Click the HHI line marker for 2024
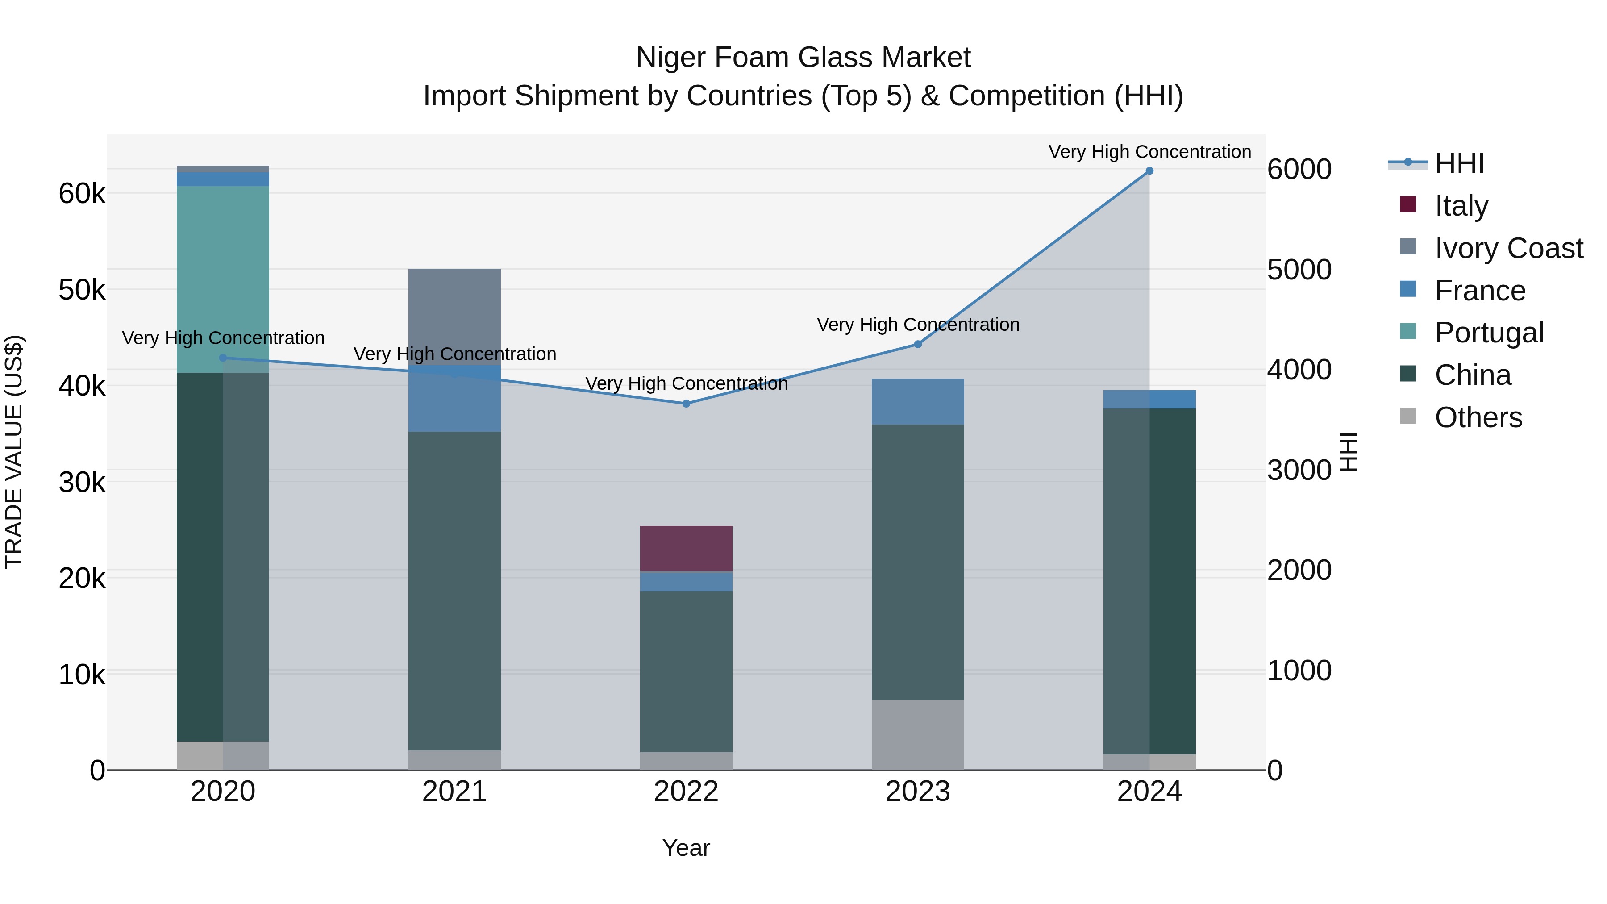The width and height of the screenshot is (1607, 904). [1149, 171]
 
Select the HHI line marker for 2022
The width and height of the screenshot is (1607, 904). [686, 404]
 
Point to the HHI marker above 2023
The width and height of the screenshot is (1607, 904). [918, 344]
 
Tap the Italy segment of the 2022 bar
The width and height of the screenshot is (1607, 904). [686, 548]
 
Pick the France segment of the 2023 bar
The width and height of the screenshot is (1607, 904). [918, 401]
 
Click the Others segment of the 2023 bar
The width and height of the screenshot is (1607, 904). [918, 734]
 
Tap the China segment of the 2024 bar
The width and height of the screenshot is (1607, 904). [1149, 581]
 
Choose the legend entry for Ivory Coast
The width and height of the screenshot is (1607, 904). [1508, 248]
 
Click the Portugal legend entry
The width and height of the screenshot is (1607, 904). [1488, 333]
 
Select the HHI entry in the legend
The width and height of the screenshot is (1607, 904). [1458, 163]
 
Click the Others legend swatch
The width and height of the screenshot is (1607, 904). [1408, 416]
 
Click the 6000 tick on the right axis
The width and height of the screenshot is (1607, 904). [1299, 170]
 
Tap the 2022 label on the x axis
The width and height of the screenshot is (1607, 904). [686, 792]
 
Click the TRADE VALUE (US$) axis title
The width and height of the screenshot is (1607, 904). [14, 452]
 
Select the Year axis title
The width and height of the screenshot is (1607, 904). [686, 848]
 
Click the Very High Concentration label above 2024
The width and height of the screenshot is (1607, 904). [1149, 152]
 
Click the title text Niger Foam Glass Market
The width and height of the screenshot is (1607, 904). [803, 58]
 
